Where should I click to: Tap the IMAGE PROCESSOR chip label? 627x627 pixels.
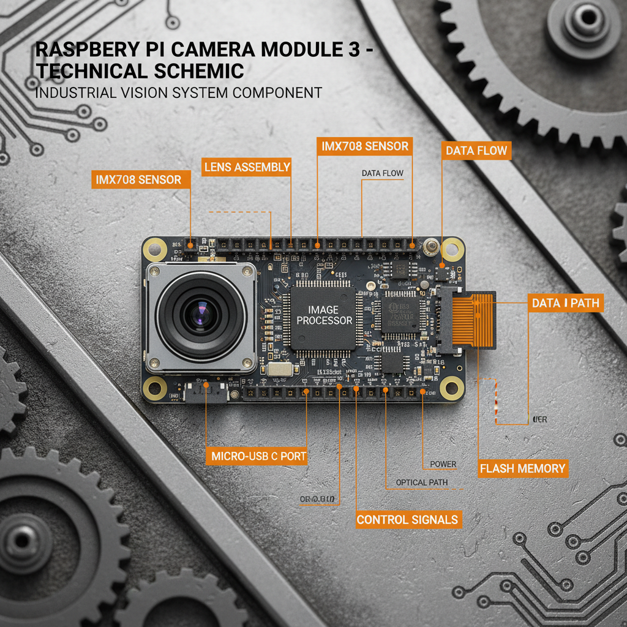(322, 315)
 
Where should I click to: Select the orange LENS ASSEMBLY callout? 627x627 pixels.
(247, 167)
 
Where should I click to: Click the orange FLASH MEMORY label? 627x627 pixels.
(522, 469)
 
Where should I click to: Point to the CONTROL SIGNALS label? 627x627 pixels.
(407, 520)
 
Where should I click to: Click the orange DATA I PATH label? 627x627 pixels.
(565, 303)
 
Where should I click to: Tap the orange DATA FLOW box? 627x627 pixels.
(477, 151)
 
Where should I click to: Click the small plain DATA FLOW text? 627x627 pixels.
(383, 173)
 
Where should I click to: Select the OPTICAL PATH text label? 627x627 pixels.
(421, 482)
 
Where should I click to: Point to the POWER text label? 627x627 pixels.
(443, 464)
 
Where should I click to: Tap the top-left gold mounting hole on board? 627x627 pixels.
(154, 250)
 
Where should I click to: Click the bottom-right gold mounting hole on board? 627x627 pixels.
(451, 386)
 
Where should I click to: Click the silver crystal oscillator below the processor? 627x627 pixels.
(279, 369)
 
